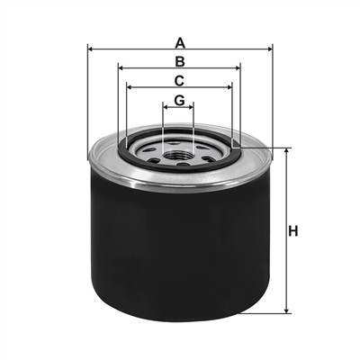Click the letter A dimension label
pos(180,43)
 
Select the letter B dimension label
pos(180,61)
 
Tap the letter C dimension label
pos(179,81)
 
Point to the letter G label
pos(180,100)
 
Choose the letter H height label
pos(293,231)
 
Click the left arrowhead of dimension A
pos(91,49)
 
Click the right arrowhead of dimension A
pos(269,49)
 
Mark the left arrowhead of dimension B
pos(121,68)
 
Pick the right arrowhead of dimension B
pos(237,68)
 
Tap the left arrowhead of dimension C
pos(130,87)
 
